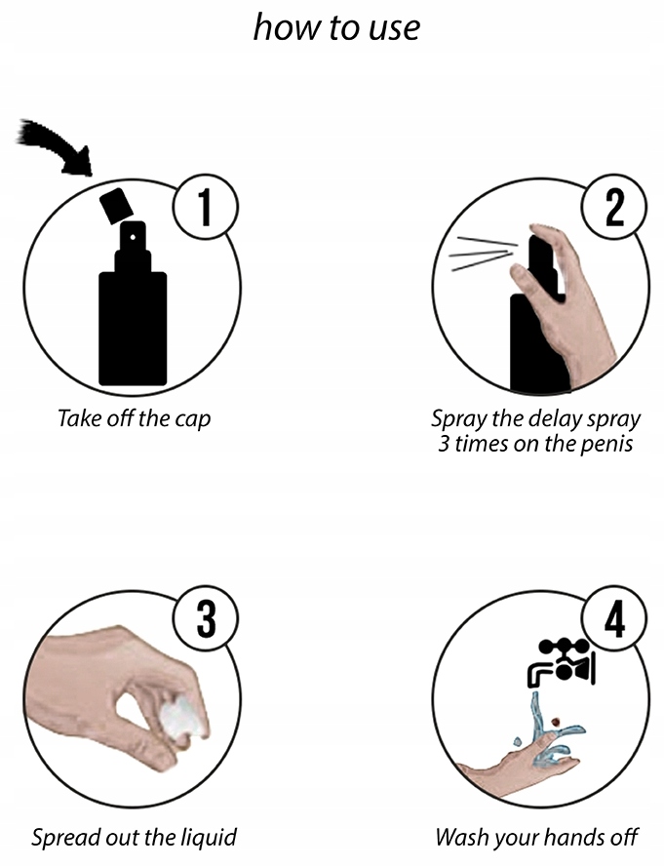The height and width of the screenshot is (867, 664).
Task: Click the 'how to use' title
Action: [336, 27]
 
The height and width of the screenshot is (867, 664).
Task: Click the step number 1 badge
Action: [207, 209]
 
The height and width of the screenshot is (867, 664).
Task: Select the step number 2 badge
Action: [614, 209]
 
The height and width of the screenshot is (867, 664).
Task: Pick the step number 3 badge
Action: [207, 619]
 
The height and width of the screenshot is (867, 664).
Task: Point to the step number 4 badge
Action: [614, 619]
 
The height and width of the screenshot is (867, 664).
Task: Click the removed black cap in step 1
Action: [116, 206]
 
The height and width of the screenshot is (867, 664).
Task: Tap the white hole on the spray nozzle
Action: [133, 237]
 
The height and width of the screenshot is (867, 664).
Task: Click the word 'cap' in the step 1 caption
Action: [193, 418]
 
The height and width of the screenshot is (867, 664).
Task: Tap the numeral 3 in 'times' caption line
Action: [444, 444]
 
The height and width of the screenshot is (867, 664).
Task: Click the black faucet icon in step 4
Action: [560, 662]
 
